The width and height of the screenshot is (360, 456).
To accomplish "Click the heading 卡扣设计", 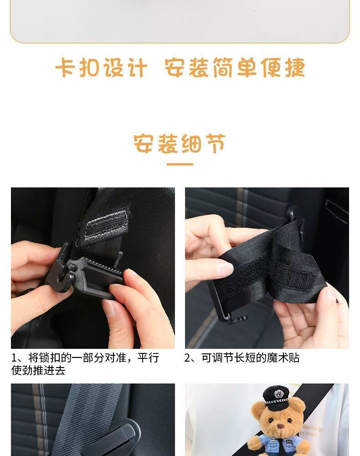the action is [102, 67].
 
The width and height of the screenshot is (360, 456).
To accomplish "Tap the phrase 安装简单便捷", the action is [235, 67].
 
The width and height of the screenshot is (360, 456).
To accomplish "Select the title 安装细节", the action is [180, 143].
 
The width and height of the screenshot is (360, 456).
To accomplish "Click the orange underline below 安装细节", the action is [180, 164].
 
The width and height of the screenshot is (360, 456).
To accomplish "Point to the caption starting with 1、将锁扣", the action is [85, 364].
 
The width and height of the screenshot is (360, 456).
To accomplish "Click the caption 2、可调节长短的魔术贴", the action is [242, 358].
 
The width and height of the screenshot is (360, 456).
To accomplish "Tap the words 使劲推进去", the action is [38, 370].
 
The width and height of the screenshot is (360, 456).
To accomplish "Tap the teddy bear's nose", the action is [280, 426].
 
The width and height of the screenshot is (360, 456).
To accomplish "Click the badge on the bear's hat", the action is [279, 394].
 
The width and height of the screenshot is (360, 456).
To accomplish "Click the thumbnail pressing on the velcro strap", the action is [225, 268].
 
